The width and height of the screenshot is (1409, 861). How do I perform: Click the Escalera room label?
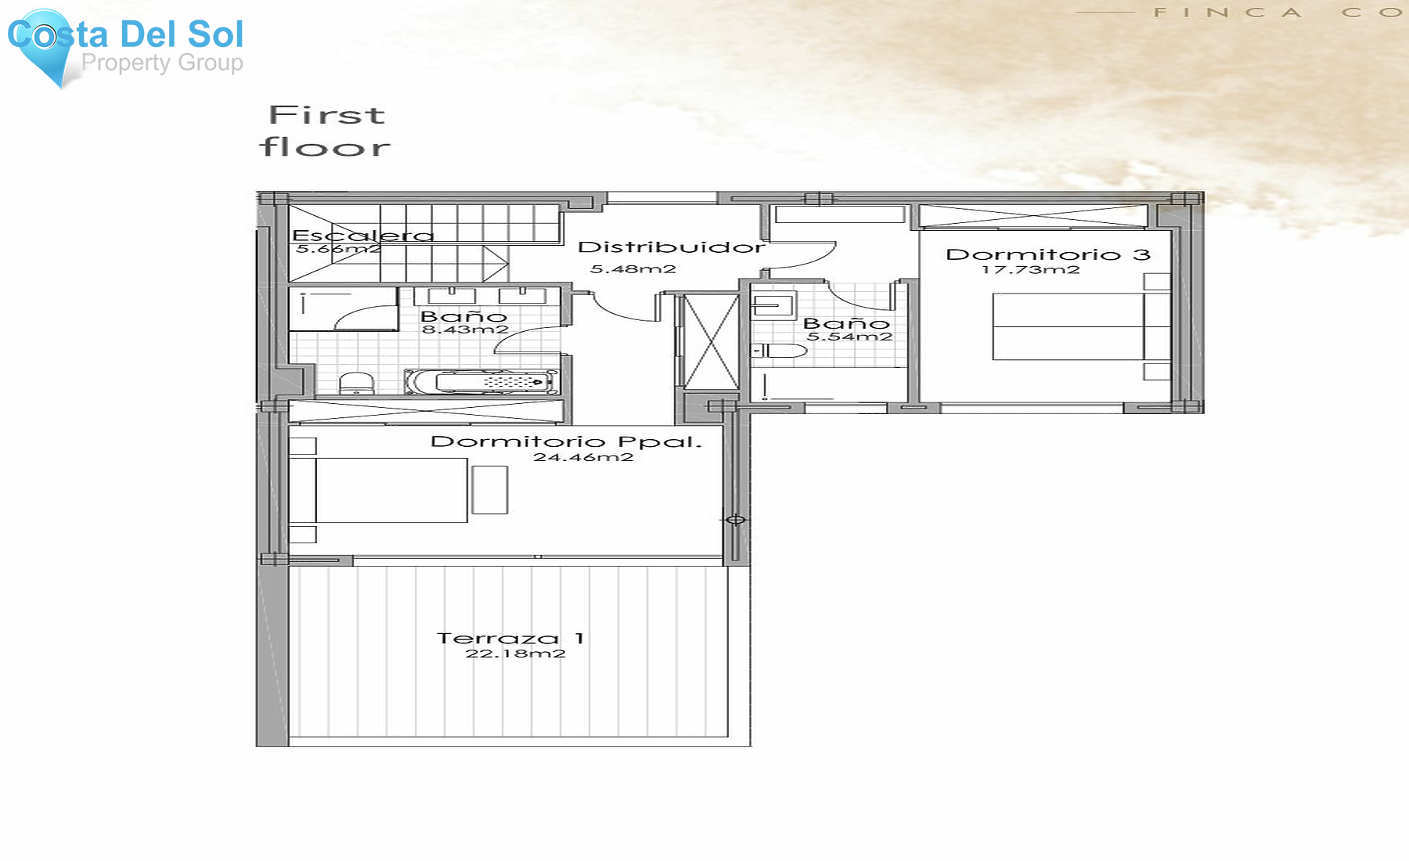(x=362, y=235)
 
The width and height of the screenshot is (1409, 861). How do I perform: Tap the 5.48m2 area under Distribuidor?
(x=632, y=269)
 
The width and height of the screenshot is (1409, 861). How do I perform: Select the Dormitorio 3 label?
(x=1047, y=254)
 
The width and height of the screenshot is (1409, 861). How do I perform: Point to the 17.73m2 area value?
(x=1030, y=270)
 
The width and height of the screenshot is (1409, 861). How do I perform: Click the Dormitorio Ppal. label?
(x=566, y=441)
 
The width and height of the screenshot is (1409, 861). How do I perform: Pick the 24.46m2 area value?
(x=583, y=457)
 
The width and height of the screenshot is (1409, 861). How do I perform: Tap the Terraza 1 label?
(x=510, y=639)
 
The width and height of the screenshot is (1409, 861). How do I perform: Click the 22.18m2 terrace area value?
(x=515, y=654)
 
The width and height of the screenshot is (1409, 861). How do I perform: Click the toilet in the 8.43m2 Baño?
(x=356, y=383)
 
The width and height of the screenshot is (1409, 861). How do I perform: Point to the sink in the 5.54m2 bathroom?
(x=773, y=304)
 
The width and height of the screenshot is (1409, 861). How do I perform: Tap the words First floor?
(x=326, y=131)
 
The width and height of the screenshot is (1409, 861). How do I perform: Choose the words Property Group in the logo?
(x=162, y=63)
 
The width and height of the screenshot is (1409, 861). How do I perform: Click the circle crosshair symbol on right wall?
(x=736, y=520)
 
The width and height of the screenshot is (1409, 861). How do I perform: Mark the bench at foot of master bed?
(x=490, y=490)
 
